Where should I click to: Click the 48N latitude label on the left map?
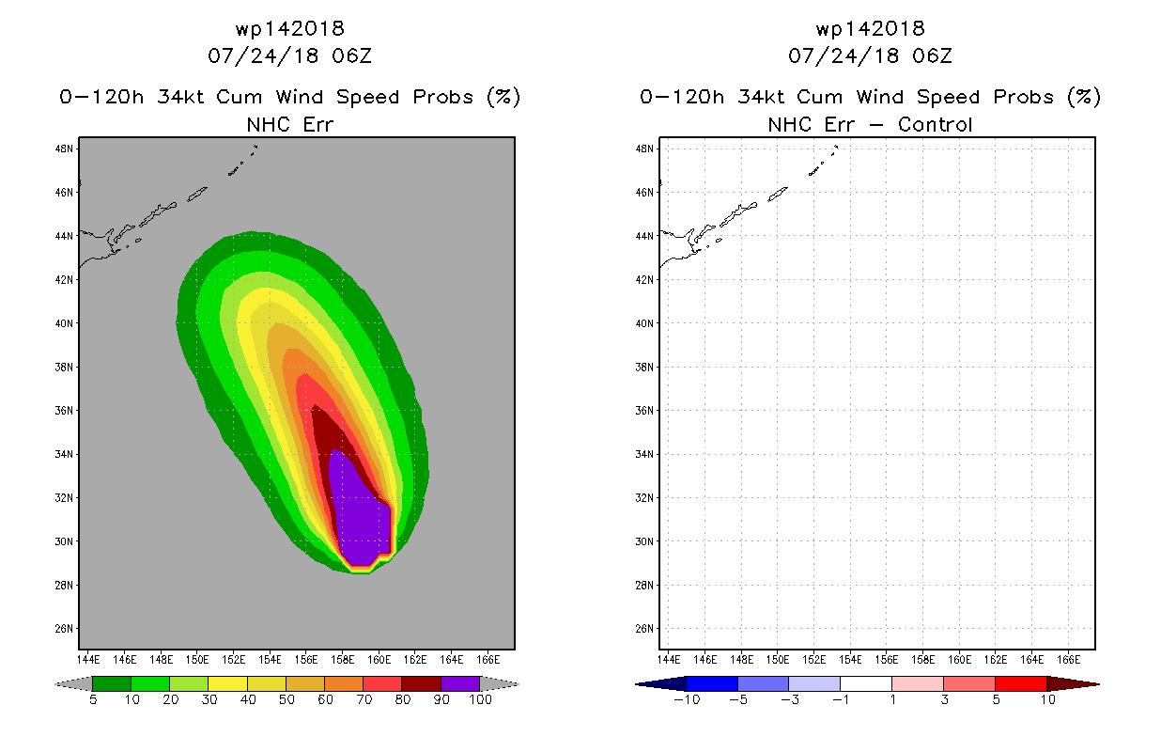pyautogui.click(x=64, y=149)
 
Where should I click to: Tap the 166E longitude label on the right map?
pyautogui.click(x=1068, y=660)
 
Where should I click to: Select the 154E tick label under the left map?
pyautogui.click(x=270, y=660)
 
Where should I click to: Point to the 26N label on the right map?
pyautogui.click(x=644, y=629)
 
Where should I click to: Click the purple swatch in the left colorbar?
pyautogui.click(x=460, y=683)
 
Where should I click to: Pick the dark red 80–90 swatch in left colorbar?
pyautogui.click(x=422, y=683)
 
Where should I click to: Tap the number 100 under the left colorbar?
pyautogui.click(x=480, y=699)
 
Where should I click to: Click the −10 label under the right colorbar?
pyautogui.click(x=687, y=699)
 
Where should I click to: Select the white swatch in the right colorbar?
pyautogui.click(x=866, y=683)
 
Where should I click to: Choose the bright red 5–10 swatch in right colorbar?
pyautogui.click(x=1021, y=683)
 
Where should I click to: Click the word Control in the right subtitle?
pyautogui.click(x=935, y=125)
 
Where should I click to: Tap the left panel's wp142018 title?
pyautogui.click(x=289, y=29)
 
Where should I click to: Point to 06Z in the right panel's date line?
pyautogui.click(x=932, y=56)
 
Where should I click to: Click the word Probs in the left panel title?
pyautogui.click(x=443, y=97)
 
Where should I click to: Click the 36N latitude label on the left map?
pyautogui.click(x=64, y=411)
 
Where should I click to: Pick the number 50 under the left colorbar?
pyautogui.click(x=286, y=699)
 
